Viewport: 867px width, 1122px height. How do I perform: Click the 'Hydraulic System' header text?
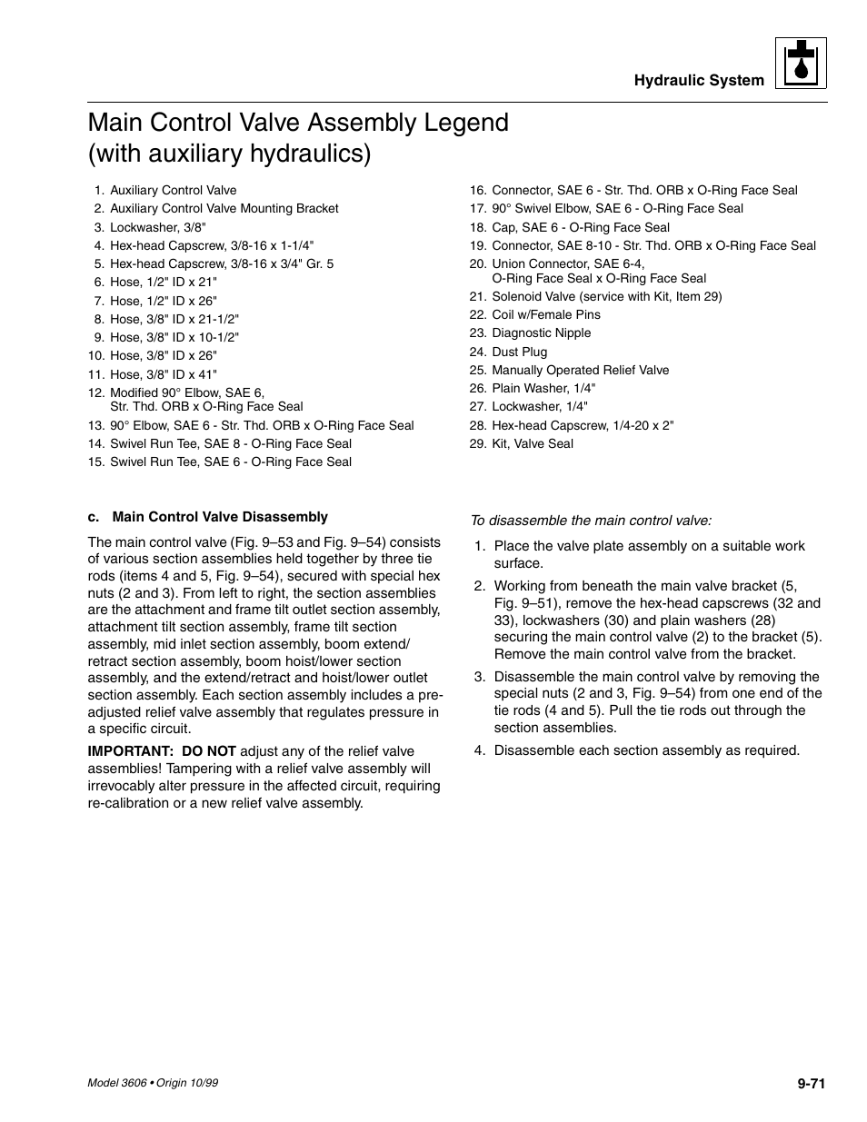699,80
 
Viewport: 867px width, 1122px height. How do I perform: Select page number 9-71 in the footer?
811,1082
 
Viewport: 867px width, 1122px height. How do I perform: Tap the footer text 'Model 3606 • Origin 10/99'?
152,1083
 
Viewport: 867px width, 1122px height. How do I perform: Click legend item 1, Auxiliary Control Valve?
173,190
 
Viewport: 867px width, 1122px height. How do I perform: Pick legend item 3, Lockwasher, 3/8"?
157,227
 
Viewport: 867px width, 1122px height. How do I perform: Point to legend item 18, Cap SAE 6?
580,227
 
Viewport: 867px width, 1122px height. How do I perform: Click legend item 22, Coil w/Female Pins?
545,314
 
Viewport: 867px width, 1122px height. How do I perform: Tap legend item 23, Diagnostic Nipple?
541,333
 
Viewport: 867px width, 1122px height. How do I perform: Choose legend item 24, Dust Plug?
519,352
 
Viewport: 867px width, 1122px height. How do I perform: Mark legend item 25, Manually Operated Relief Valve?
580,370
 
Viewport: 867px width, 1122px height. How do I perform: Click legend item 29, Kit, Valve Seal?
532,443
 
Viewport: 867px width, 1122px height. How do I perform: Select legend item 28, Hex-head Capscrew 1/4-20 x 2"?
582,425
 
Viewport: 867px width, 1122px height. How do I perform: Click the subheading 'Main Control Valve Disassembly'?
219,517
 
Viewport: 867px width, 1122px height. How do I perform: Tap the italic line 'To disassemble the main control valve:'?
590,521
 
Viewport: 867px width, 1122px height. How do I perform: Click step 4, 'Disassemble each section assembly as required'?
646,750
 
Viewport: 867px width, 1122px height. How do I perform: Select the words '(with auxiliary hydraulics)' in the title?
230,154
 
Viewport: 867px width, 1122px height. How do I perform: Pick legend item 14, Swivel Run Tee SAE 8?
230,443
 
